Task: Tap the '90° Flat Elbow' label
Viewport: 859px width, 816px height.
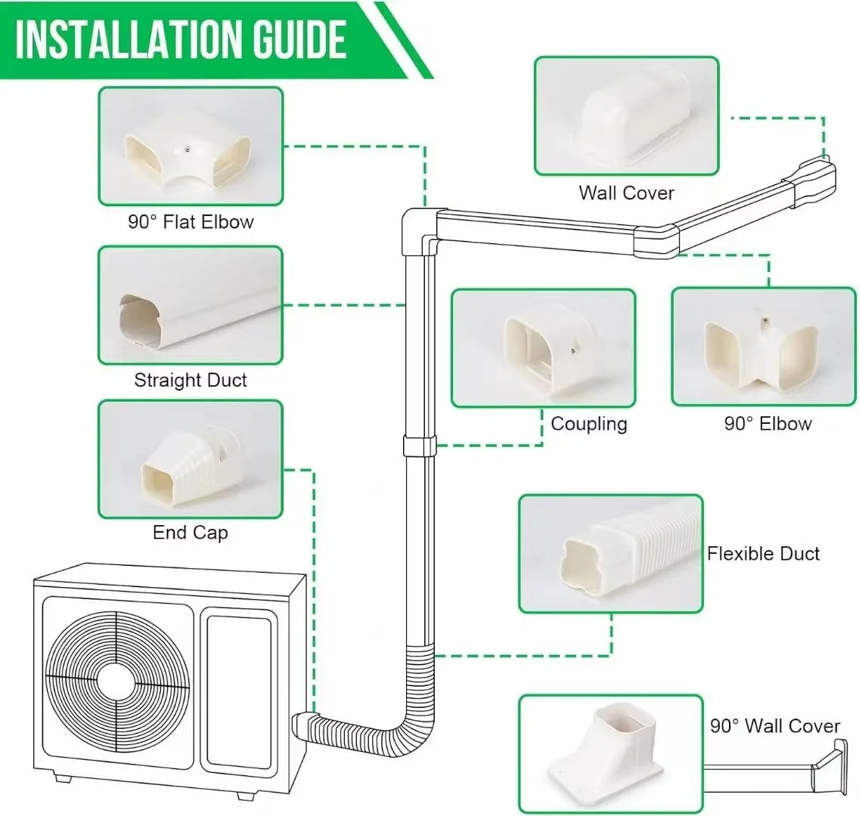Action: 191,222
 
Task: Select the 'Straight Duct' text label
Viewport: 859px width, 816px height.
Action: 191,380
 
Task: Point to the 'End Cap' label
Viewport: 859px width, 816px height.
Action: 191,533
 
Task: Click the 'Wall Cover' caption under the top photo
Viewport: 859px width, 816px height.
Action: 626,193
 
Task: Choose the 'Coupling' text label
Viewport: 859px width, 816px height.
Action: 589,424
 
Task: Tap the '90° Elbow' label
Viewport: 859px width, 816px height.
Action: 768,424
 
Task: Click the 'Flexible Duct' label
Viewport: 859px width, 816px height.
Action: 763,554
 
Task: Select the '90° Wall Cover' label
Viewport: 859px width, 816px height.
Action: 775,726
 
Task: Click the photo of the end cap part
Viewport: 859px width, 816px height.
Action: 191,459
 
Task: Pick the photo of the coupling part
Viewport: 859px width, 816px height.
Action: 543,348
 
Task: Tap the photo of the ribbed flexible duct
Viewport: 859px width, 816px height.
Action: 610,554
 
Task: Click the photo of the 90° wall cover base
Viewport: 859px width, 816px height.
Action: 610,754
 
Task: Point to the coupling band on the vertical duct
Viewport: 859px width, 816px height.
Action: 420,446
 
